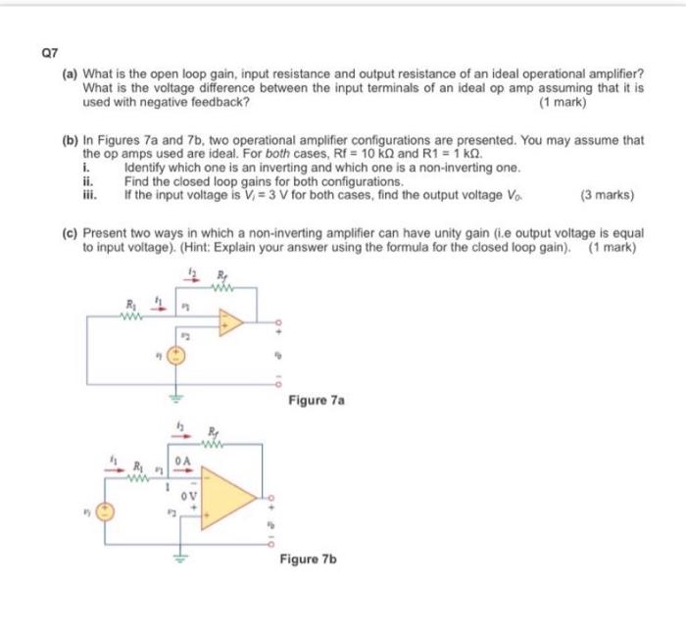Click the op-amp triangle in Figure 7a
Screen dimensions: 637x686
pos(230,322)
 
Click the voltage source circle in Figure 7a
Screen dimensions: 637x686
pos(176,357)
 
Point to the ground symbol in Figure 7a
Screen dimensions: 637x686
pos(176,397)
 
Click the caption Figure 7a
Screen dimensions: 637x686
pos(317,401)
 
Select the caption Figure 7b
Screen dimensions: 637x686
pos(308,559)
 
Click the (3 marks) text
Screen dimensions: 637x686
pos(607,195)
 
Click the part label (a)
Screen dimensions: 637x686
pos(72,74)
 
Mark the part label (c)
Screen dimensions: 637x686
pos(71,235)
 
